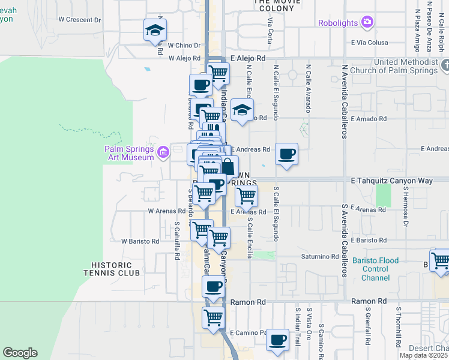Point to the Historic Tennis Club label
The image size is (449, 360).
tap(116, 269)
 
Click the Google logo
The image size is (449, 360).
tap(20, 353)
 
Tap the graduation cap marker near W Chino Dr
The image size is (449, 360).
tap(155, 30)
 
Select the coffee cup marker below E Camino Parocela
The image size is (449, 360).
tap(277, 340)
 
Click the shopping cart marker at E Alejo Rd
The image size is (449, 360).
tap(218, 73)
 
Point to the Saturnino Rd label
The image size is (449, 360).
tap(321, 256)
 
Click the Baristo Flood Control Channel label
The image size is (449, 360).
tap(376, 265)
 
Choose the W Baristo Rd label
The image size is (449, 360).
tap(140, 241)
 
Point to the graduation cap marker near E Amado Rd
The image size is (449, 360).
tap(242, 110)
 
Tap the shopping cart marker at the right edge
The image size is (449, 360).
tap(441, 260)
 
